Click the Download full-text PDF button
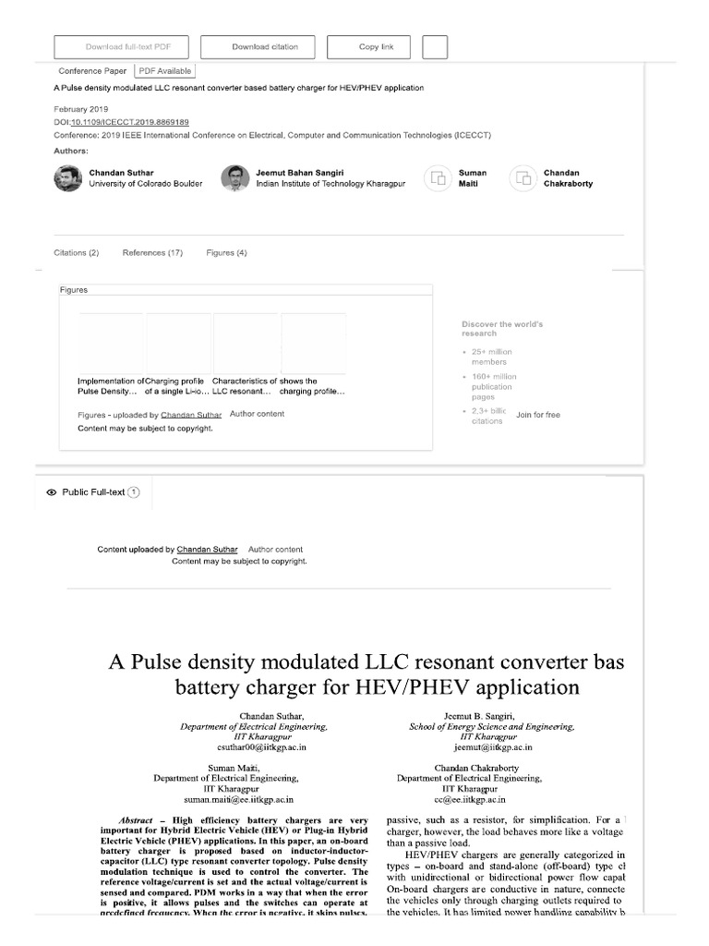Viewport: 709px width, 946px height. (122, 47)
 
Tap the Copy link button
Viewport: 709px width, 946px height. (376, 47)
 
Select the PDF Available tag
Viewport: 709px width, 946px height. (165, 70)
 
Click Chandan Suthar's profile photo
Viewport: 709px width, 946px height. (68, 178)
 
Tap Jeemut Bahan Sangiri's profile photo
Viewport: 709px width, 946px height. (235, 178)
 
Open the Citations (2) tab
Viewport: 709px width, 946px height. (77, 253)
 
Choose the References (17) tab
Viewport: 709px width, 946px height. (152, 253)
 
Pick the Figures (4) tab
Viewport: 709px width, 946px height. (226, 253)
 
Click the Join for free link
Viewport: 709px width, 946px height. (538, 416)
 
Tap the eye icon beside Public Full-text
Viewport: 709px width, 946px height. (51, 493)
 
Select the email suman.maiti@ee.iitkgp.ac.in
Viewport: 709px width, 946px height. (238, 799)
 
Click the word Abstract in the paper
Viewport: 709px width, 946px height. (136, 820)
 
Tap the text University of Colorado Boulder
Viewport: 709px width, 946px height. (145, 184)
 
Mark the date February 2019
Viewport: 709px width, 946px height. (81, 109)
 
